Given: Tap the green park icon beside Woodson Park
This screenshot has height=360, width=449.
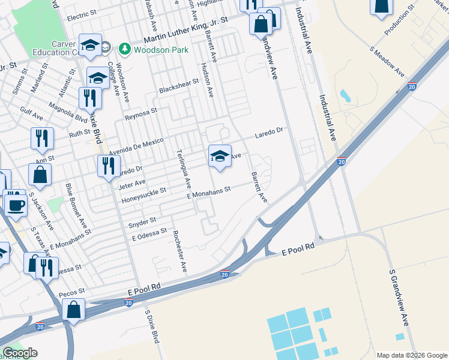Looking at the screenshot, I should pyautogui.click(x=124, y=49).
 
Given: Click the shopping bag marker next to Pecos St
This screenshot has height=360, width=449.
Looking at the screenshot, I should pyautogui.click(x=74, y=310).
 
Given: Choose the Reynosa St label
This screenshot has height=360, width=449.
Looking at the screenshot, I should pyautogui.click(x=142, y=112).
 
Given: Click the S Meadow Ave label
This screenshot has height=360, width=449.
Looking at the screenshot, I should pyautogui.click(x=387, y=61).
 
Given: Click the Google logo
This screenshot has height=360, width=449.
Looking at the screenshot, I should pyautogui.click(x=20, y=353).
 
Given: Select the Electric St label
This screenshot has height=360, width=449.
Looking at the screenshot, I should pyautogui.click(x=82, y=13).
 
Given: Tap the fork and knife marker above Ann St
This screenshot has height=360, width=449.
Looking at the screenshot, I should pyautogui.click(x=42, y=139).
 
